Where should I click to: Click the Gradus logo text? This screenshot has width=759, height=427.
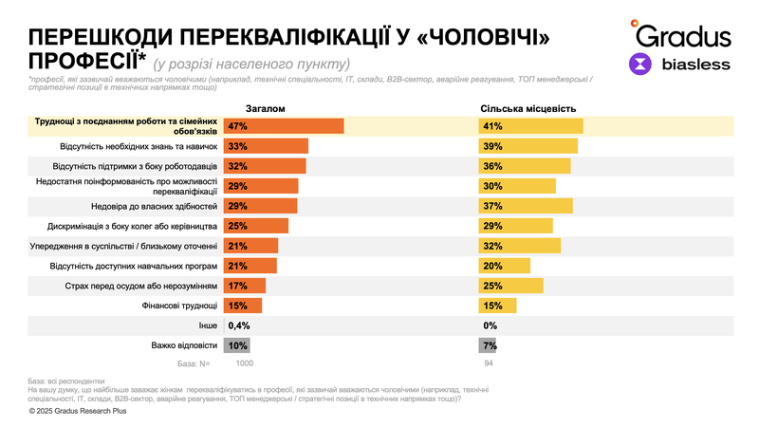coord(683,36)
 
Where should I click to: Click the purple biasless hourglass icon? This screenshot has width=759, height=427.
coord(641,65)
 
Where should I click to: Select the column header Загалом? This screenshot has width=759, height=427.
coord(265,109)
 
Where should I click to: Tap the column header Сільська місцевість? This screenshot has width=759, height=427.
coord(528,109)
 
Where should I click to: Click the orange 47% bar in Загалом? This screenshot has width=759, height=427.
coord(283,126)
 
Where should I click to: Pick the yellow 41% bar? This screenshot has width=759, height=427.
coord(530,126)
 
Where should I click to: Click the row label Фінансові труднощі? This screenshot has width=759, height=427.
coord(180,306)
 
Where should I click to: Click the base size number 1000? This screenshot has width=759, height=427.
coord(245,363)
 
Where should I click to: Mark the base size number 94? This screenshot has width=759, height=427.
coord(490,363)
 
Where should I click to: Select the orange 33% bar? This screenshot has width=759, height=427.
coord(266,146)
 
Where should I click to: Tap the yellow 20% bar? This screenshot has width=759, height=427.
coord(505,266)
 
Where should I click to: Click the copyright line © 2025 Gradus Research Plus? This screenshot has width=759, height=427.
coord(83,412)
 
